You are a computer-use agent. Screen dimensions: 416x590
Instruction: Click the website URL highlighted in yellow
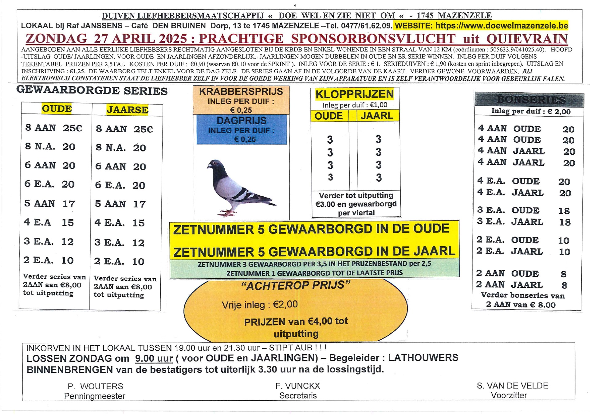coord(502,25)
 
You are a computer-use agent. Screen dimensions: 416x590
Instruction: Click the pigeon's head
coord(214,165)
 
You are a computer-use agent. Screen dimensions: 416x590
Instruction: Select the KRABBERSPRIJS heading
coord(241,92)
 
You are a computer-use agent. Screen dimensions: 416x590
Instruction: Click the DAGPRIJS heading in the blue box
coord(242,121)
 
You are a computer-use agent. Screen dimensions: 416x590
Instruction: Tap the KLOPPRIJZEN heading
coord(355,94)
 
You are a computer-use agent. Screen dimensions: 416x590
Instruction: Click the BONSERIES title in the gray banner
coord(531,100)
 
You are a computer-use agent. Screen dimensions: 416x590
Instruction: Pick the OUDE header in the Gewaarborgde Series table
coord(57,109)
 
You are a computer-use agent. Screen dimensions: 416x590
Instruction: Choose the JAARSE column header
coord(127,110)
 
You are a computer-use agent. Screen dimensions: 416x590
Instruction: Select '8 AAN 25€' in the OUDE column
coord(54,128)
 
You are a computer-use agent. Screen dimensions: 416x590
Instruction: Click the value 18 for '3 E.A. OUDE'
coord(564,211)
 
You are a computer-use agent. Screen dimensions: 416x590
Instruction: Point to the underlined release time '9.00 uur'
coord(154,358)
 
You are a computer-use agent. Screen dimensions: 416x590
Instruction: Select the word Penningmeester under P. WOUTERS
coord(95,396)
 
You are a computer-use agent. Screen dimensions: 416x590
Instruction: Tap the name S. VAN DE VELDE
coord(512,386)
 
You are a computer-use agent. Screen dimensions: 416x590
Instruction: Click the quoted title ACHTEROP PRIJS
coord(296,286)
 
